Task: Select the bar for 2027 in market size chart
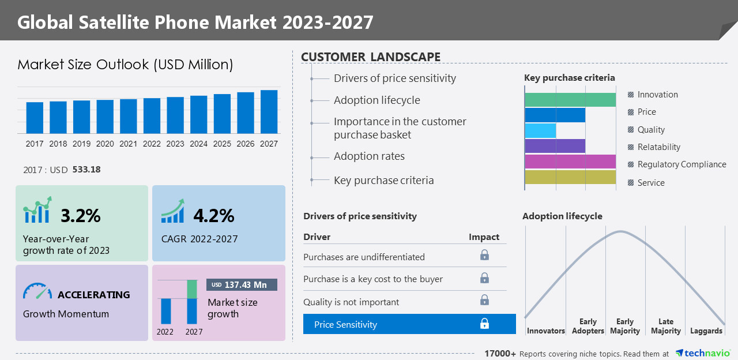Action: pyautogui.click(x=269, y=112)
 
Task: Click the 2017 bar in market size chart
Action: pyautogui.click(x=35, y=118)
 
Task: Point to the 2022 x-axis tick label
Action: pyautogui.click(x=152, y=144)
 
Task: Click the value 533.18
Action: pyautogui.click(x=86, y=170)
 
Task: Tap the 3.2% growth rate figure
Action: pyautogui.click(x=81, y=216)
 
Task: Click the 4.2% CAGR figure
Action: pyautogui.click(x=213, y=216)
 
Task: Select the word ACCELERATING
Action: pyautogui.click(x=93, y=295)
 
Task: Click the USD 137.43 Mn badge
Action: pyautogui.click(x=242, y=285)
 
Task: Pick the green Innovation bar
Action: pyautogui.click(x=570, y=100)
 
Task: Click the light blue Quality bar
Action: pyautogui.click(x=540, y=130)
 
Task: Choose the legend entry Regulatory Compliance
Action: pyautogui.click(x=681, y=164)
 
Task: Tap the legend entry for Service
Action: pyautogui.click(x=651, y=183)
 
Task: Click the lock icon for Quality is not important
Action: pyautogui.click(x=484, y=300)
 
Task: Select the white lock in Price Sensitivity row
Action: pyautogui.click(x=484, y=324)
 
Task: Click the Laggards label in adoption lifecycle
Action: pyautogui.click(x=706, y=331)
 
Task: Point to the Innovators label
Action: pyautogui.click(x=546, y=331)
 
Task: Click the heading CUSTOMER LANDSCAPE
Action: pyautogui.click(x=371, y=57)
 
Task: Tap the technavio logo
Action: pyautogui.click(x=702, y=353)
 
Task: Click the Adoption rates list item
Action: pyautogui.click(x=369, y=156)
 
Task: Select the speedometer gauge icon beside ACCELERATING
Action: pyautogui.click(x=37, y=291)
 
